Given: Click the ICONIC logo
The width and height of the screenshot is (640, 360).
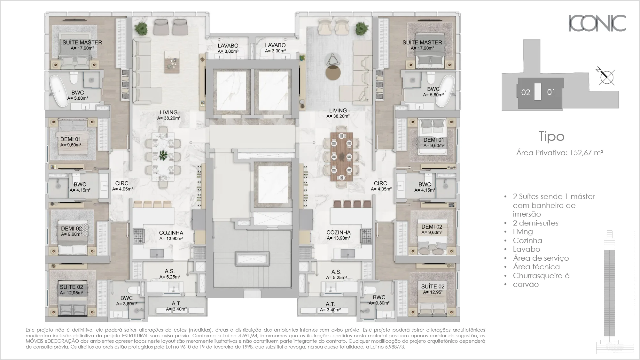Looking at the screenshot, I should (x=597, y=23).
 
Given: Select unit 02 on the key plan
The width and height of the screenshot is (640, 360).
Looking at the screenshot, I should (x=526, y=92).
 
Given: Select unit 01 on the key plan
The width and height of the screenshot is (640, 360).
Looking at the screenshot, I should (x=551, y=92).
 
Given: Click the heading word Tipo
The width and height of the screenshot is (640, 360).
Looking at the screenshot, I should (x=551, y=136).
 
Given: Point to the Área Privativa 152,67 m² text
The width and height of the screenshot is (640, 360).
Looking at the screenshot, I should (x=559, y=153).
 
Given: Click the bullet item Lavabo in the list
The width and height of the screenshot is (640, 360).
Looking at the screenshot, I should (x=526, y=249).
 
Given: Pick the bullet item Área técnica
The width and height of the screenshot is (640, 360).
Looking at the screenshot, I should (x=536, y=267).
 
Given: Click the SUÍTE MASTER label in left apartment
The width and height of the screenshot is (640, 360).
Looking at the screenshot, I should (x=82, y=42).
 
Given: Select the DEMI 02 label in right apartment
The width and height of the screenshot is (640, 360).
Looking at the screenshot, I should (x=432, y=227).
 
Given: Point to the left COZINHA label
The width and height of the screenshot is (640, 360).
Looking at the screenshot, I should (x=171, y=233).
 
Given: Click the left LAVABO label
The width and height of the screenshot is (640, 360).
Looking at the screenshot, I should (x=228, y=46).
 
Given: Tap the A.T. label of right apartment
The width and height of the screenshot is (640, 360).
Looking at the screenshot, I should (x=330, y=304).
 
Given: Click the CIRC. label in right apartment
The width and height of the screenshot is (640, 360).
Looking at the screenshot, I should (x=381, y=183).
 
